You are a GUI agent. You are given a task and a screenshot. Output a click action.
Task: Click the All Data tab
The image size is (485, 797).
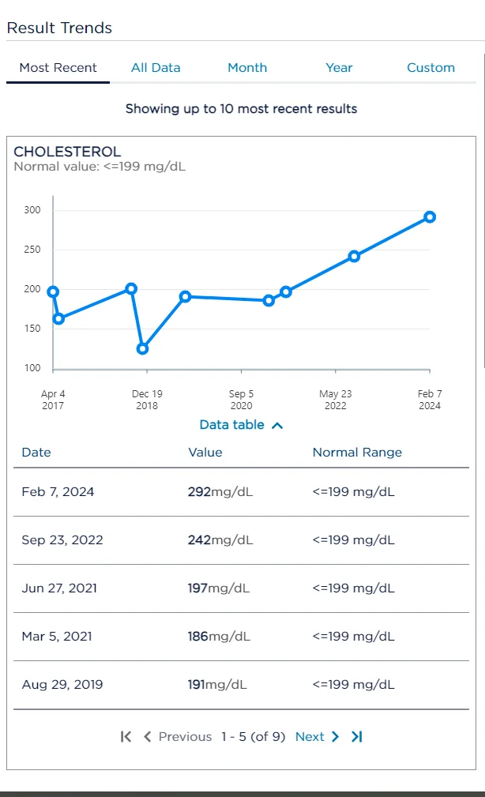click(x=156, y=68)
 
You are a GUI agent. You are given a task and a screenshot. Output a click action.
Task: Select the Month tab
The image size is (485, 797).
click(x=247, y=68)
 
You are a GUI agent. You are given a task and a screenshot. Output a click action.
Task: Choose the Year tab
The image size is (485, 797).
click(x=339, y=68)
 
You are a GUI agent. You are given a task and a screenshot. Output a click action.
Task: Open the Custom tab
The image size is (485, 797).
click(x=430, y=68)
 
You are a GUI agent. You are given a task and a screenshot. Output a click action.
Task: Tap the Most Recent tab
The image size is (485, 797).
click(x=58, y=68)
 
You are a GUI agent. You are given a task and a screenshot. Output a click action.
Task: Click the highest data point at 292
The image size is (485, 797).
click(x=430, y=217)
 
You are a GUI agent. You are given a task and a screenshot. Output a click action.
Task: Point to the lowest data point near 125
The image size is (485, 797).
click(x=143, y=348)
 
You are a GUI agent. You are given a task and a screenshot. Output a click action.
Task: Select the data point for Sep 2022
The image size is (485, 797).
click(x=354, y=256)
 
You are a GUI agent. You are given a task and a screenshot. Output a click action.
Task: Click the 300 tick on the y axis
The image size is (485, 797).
click(x=32, y=210)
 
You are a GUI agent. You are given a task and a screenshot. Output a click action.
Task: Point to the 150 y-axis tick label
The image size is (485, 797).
click(x=32, y=329)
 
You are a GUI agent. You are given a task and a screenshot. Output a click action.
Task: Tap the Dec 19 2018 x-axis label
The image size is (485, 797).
click(x=147, y=400)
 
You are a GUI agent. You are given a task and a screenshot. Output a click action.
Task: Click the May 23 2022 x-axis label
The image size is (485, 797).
click(x=335, y=400)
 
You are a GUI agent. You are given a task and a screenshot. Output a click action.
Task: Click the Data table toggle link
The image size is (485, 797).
click(x=241, y=425)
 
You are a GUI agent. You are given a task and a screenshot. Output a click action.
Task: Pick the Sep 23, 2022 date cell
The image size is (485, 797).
click(x=62, y=540)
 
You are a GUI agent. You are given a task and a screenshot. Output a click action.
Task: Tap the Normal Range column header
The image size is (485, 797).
click(x=357, y=453)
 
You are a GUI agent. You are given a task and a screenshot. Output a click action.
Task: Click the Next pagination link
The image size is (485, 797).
click(x=317, y=737)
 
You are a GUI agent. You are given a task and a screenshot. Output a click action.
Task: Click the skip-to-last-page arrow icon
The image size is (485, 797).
click(x=357, y=737)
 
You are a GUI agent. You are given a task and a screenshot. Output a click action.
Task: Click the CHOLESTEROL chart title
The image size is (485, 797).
click(x=67, y=152)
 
